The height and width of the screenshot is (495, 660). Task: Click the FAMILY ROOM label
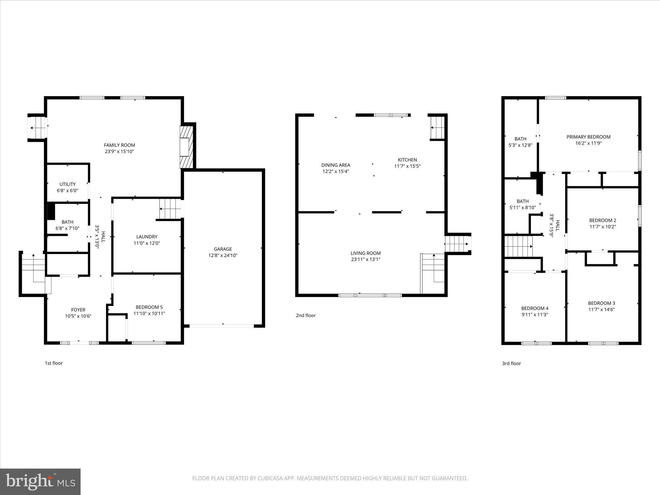[119, 145]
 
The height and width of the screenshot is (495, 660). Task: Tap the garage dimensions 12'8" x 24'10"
[223, 256]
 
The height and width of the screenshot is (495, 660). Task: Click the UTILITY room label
[67, 184]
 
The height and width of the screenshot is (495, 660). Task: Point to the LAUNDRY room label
[147, 237]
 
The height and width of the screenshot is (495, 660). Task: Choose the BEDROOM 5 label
[149, 307]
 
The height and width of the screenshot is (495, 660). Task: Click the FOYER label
[78, 310]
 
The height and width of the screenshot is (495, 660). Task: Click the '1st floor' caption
[53, 363]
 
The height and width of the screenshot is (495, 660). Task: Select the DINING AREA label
[335, 165]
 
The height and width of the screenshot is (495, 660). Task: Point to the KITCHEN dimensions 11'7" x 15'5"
[407, 166]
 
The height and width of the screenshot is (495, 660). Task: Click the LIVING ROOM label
[365, 253]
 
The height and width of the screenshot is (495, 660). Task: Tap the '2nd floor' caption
[306, 315]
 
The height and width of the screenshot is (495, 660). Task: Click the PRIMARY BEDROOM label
[588, 137]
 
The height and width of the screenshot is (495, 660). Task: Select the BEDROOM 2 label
[603, 220]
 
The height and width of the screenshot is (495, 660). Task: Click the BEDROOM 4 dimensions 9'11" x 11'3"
[535, 315]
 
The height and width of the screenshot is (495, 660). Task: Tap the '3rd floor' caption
[511, 364]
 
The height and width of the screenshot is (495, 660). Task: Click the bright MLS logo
[40, 482]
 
